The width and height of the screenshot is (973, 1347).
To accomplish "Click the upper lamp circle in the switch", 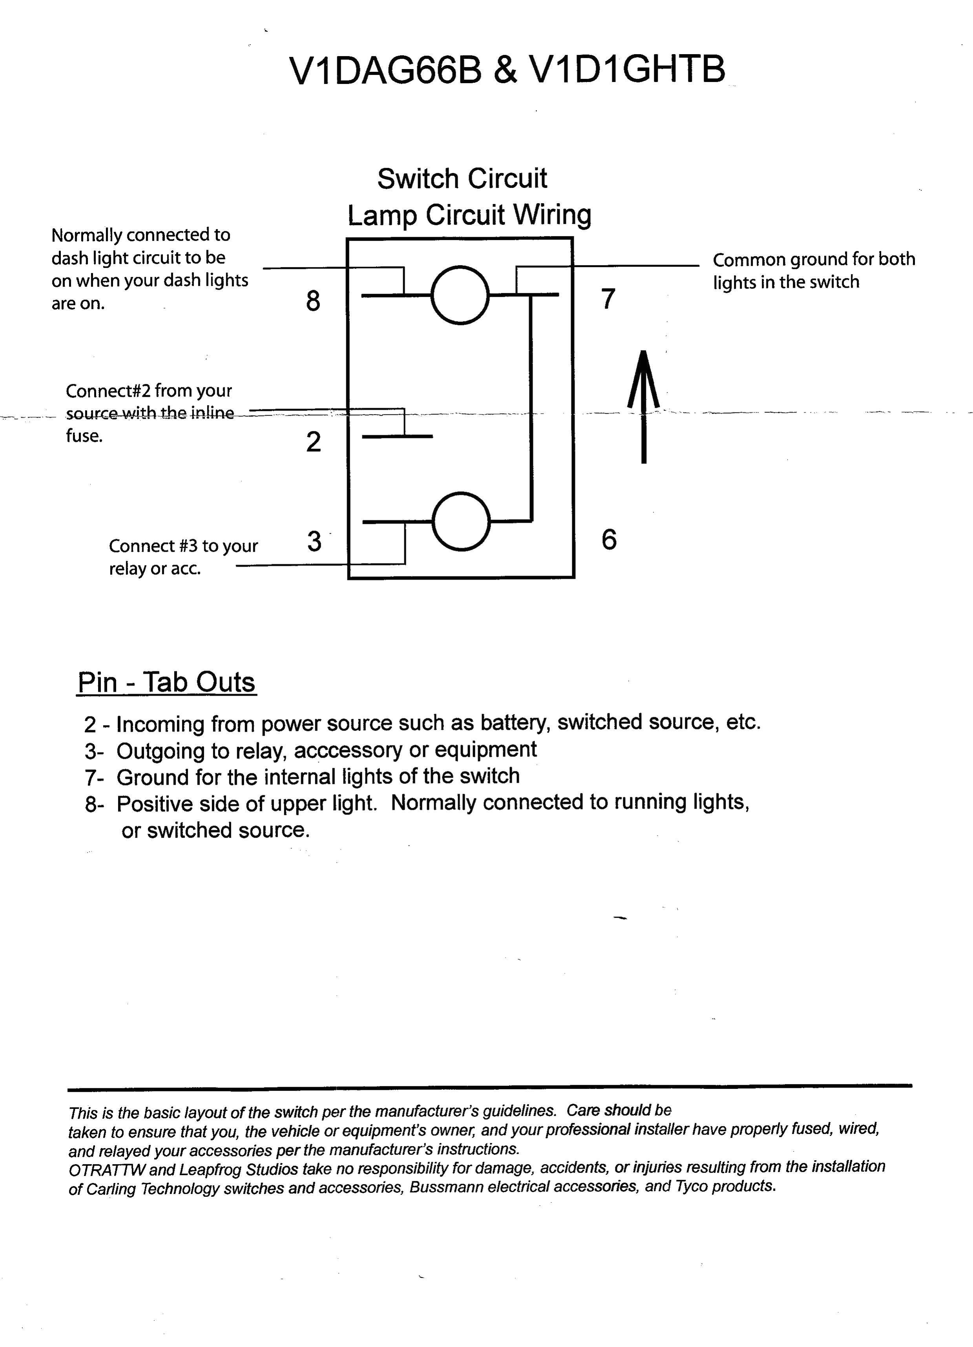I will (460, 295).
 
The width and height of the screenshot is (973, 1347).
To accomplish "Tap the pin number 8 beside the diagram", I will (313, 301).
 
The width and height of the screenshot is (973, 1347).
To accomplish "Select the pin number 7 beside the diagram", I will (608, 299).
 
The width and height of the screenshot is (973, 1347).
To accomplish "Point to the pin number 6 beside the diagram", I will (609, 539).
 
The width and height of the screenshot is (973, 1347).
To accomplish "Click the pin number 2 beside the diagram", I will (314, 442).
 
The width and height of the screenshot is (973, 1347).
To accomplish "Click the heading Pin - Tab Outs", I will (166, 682).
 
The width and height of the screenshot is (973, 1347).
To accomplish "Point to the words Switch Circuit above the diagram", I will (462, 179).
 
